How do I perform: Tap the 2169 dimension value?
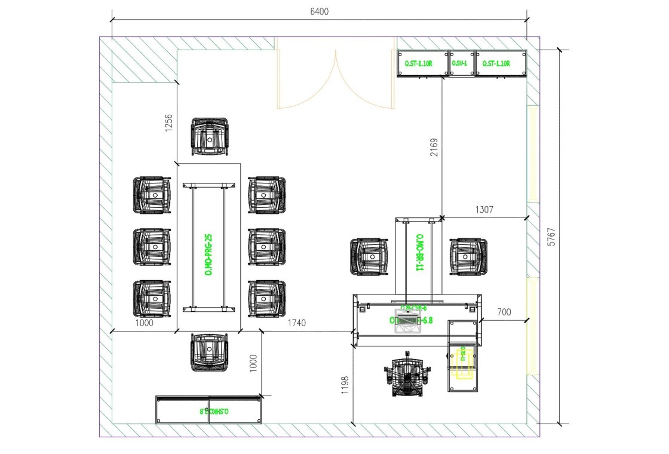pyautogui.click(x=434, y=148)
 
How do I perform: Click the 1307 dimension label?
pyautogui.click(x=484, y=210)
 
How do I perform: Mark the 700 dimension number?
pyautogui.click(x=504, y=312)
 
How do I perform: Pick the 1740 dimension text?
pyautogui.click(x=296, y=323)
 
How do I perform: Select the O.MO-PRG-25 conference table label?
pyautogui.click(x=209, y=254)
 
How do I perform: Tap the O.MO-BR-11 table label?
pyautogui.click(x=419, y=253)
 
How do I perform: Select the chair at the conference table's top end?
pyautogui.click(x=210, y=137)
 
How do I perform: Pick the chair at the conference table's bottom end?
pyautogui.click(x=210, y=352)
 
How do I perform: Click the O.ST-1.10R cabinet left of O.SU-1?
pyautogui.click(x=422, y=63)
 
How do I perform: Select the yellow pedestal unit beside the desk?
pyautogui.click(x=464, y=363)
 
